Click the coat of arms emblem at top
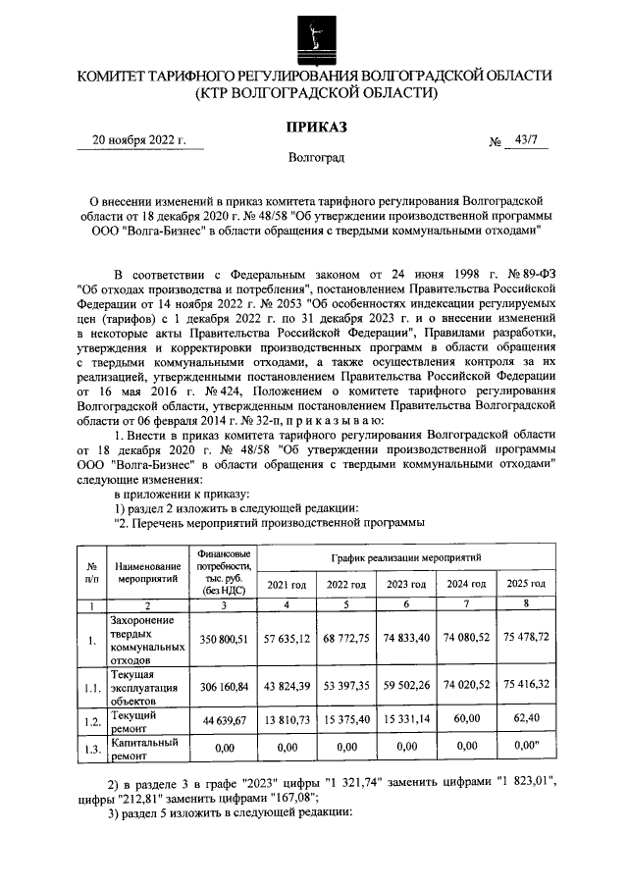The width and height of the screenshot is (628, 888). pos(315,37)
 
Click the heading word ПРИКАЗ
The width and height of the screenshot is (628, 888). pos(315,126)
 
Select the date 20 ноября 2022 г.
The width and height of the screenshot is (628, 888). pos(138,140)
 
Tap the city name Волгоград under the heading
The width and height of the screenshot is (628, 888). pos(316,157)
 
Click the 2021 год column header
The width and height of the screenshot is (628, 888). pos(287,585)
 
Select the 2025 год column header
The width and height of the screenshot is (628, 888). pos(525,585)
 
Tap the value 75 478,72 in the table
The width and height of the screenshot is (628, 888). pos(525,639)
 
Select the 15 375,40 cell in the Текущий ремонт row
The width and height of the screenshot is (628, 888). pos(346,722)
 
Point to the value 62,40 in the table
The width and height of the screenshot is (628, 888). pos(525,722)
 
